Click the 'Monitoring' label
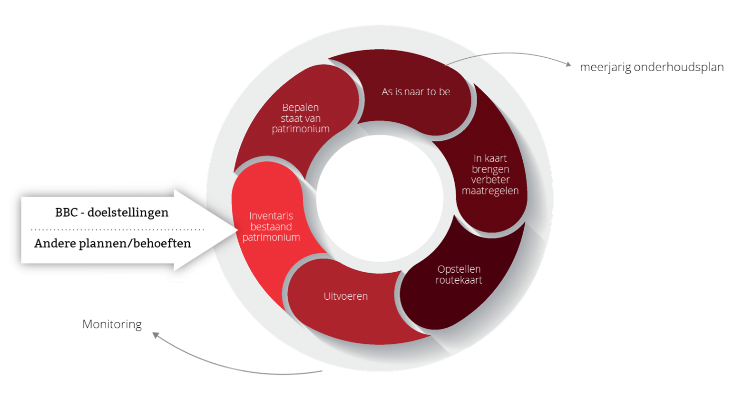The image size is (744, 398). pos(112,325)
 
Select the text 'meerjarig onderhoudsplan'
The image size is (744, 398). pos(651,67)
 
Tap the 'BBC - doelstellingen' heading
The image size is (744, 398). pos(112,212)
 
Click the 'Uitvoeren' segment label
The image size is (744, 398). pos(345,296)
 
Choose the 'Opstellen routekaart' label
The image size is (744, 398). pos(459,274)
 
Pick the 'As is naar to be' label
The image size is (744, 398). pos(417,93)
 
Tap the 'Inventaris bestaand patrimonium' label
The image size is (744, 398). pos(271,227)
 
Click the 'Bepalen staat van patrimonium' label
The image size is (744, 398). pos(300,118)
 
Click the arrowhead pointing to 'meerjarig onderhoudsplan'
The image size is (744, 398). pos(568,64)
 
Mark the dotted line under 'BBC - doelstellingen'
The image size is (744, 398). pos(117,229)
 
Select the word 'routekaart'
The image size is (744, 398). pos(459,280)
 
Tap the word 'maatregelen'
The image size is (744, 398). pos(495,191)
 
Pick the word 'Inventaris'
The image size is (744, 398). pos(271,216)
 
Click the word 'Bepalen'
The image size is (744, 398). pos(300,108)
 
